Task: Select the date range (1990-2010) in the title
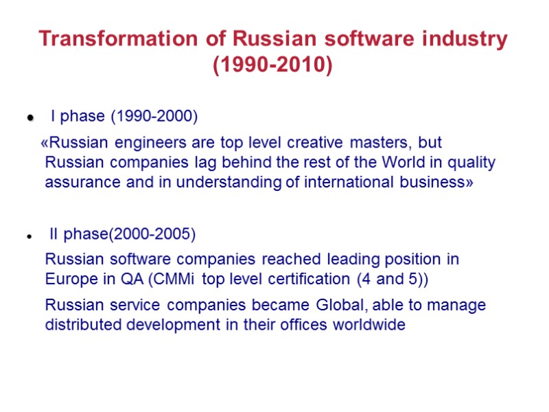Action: [272, 66]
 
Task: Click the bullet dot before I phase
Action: [30, 119]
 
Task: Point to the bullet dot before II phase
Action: [30, 236]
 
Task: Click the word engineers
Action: [143, 143]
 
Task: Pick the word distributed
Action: [84, 325]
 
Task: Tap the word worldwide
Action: [368, 325]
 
